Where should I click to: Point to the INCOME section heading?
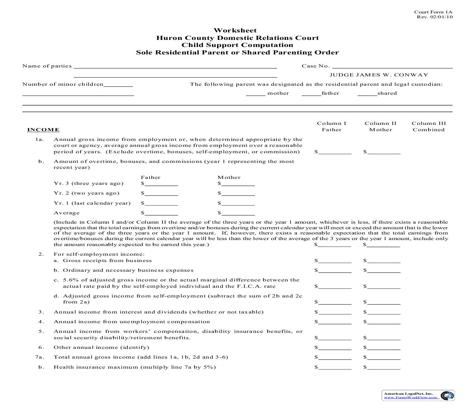tap(43, 130)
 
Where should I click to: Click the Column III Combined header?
tap(428, 126)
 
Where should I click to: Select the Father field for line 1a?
tap(335, 152)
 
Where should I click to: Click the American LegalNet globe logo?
tap(447, 396)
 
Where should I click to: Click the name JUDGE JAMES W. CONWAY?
tap(379, 75)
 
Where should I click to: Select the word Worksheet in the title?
tap(235, 31)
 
